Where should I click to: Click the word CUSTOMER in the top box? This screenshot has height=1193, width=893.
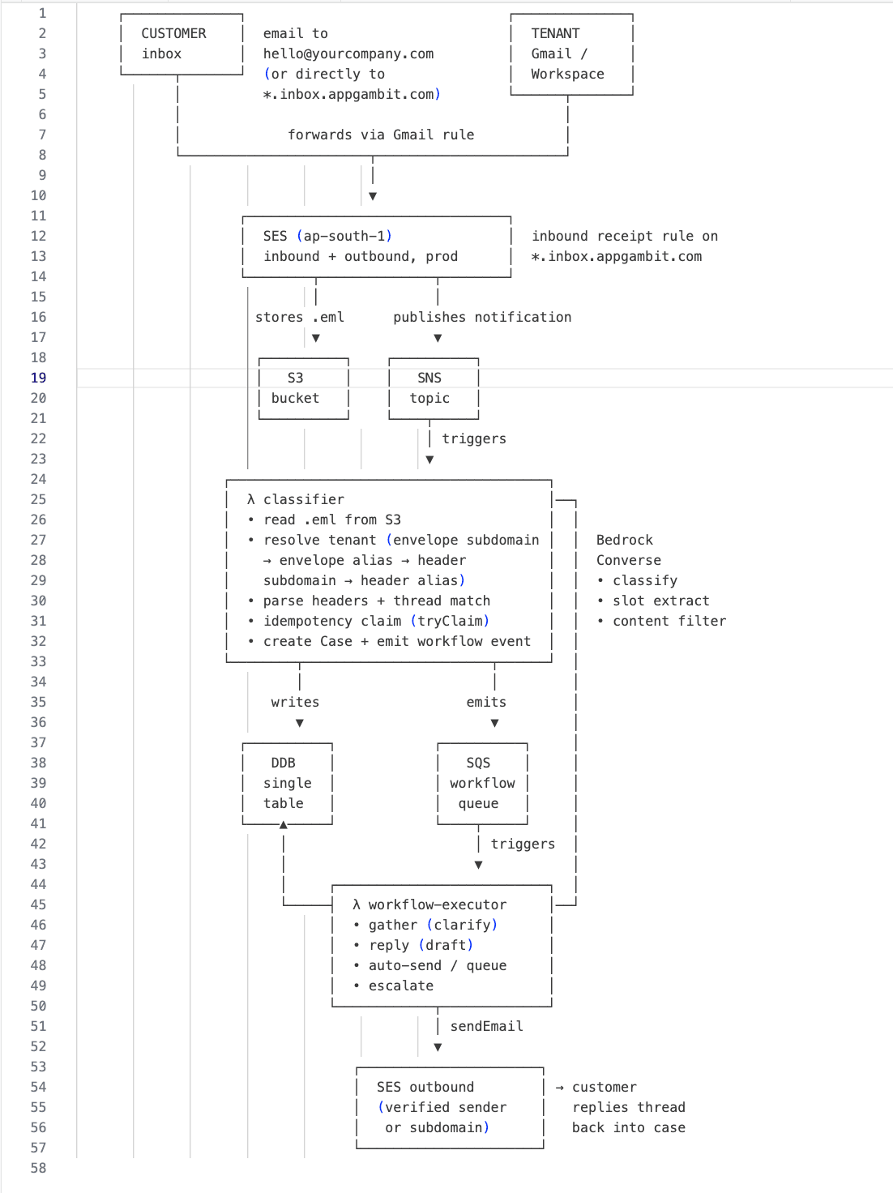coord(174,34)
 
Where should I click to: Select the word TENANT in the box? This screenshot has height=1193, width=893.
coord(555,34)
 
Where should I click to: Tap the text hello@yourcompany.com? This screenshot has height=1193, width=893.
coord(348,53)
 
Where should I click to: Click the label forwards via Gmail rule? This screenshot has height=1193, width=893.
coord(381,135)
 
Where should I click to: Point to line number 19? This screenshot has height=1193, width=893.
coord(38,378)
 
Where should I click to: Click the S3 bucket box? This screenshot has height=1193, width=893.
coord(304,388)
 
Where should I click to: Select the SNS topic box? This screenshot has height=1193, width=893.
coord(434,388)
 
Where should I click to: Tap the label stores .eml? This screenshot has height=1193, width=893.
coord(299,318)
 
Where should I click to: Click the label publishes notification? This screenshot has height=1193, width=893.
coord(482,318)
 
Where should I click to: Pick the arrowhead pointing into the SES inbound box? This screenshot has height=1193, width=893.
coord(373,196)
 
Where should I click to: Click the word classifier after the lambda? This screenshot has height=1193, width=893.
coord(304,499)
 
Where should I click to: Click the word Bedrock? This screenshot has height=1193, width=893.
coord(625,541)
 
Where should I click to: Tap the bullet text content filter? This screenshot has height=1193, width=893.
coord(669,622)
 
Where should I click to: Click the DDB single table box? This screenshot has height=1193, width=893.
coord(288,784)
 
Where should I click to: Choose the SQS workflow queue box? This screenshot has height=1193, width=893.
coord(482,784)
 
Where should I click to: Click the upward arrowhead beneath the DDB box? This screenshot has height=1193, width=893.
coord(283,825)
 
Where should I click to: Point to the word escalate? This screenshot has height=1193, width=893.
coord(401,986)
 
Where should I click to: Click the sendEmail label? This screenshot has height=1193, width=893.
coord(486,1026)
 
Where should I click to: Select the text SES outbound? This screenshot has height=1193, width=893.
coord(425,1087)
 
